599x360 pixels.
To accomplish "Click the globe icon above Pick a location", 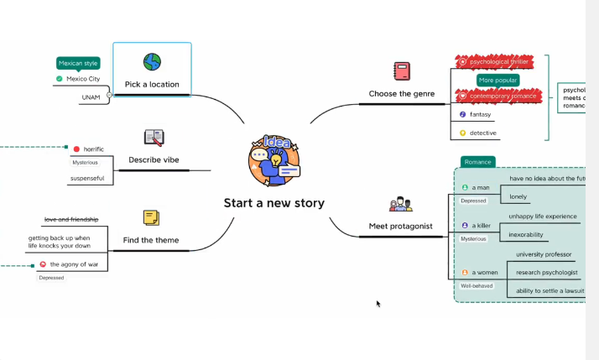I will [x=152, y=62].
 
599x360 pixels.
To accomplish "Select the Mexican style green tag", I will [x=78, y=63].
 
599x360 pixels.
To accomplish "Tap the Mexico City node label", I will [x=83, y=79].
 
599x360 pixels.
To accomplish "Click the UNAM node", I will [x=91, y=97].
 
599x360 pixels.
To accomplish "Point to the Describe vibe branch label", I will [x=154, y=159].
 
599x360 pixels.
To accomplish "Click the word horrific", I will [x=94, y=149].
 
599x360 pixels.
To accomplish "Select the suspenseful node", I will [x=87, y=178].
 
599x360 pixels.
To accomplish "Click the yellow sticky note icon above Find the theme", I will [x=151, y=217].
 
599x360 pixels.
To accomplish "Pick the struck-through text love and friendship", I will [x=71, y=219].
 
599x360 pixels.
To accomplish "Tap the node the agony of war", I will [x=74, y=264].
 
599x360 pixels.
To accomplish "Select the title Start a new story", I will [x=273, y=203].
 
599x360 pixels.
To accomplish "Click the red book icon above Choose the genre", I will [x=402, y=70].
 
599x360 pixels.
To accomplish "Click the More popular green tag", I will [x=498, y=81].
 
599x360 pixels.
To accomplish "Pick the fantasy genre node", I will [x=480, y=114].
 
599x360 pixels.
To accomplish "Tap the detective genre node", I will [x=482, y=133].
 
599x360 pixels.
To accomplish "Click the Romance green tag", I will [x=477, y=162].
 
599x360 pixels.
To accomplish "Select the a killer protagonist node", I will [x=481, y=226].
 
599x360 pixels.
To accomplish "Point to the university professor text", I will [x=544, y=254].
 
